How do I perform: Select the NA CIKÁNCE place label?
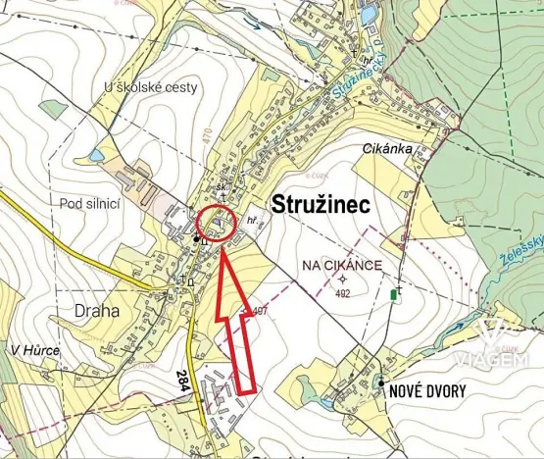(342, 265)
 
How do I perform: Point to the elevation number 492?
(342, 292)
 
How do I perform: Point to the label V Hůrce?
(36, 350)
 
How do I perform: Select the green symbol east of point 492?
(394, 293)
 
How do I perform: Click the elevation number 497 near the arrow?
(260, 311)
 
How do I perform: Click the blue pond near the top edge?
(369, 15)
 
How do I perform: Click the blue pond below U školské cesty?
(96, 155)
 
